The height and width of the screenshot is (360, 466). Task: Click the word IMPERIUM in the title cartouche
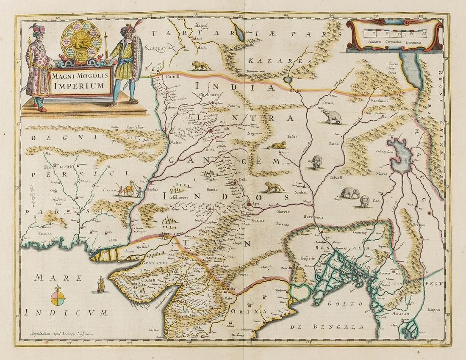pos(81,85)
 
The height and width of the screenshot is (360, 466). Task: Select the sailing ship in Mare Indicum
pos(101,285)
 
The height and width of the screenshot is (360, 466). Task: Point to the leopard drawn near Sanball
pos(274,186)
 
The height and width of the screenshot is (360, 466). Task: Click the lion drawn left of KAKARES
pos(202,65)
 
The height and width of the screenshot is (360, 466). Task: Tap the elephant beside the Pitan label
pos(330,115)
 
